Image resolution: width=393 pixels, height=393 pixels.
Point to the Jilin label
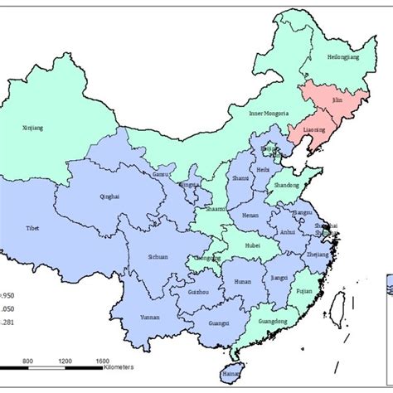click(x=335, y=99)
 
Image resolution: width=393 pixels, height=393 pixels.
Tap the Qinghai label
click(x=109, y=197)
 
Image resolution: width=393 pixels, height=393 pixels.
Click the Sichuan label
click(x=158, y=257)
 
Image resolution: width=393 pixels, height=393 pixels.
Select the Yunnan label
click(x=150, y=318)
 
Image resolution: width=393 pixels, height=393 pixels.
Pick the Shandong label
click(x=286, y=186)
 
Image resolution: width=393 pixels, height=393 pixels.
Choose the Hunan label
click(x=244, y=282)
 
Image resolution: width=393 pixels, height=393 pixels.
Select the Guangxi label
click(x=220, y=323)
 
